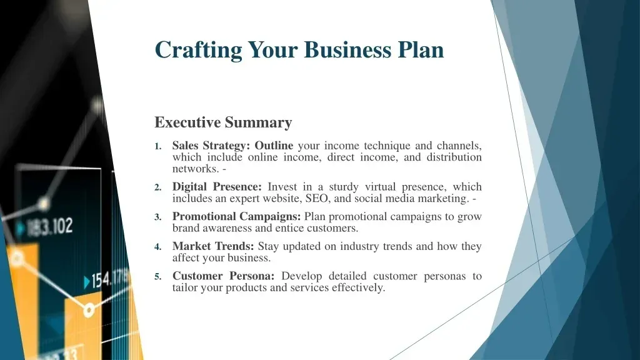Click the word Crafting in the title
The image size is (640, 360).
point(198,50)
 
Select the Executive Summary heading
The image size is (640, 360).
point(223,122)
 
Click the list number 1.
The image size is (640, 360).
point(158,146)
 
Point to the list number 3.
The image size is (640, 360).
point(158,217)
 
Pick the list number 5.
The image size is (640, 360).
point(158,277)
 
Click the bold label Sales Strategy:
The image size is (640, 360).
point(211,146)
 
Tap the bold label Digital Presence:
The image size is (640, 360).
point(217,187)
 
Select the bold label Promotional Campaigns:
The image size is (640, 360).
point(236,217)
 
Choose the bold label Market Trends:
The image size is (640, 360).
point(213,246)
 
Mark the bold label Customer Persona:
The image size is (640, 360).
point(223,276)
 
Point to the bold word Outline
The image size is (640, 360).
point(274,146)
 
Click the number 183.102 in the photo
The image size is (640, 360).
point(49,226)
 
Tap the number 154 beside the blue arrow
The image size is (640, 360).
point(101,281)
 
